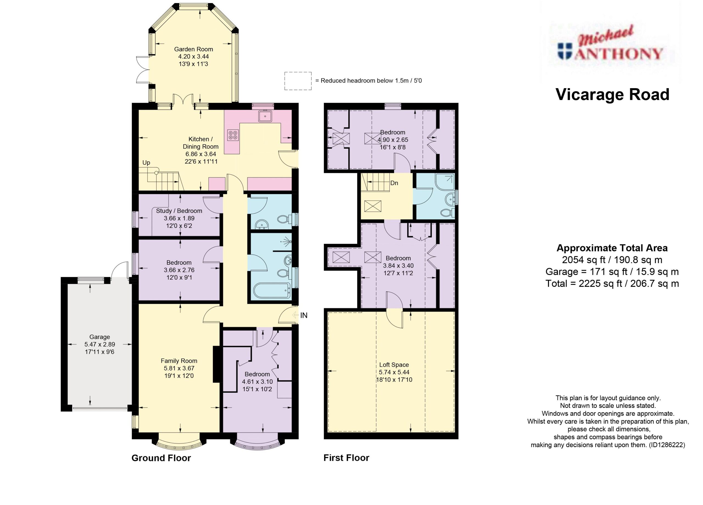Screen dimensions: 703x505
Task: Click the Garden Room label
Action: tap(193, 49)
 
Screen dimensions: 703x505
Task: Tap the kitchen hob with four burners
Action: tap(233, 135)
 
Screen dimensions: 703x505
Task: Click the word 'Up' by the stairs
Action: tap(146, 163)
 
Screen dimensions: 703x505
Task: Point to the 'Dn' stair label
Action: tap(394, 183)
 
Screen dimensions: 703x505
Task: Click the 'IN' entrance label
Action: tap(304, 315)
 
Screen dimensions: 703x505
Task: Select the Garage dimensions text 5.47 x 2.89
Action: tap(99, 344)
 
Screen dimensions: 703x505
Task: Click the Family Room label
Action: tap(179, 361)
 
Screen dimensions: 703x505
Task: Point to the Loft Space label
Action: tap(394, 365)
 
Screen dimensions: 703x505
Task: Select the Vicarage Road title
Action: tap(612, 94)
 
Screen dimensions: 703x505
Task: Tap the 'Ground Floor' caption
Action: tap(161, 458)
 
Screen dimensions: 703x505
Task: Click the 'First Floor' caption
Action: tap(347, 458)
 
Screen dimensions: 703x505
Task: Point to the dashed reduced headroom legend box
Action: tap(298, 81)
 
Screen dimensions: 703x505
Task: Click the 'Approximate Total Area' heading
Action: tap(612, 248)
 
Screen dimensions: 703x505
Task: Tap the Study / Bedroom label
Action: tap(179, 211)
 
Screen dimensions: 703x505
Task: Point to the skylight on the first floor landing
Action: tap(373, 206)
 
